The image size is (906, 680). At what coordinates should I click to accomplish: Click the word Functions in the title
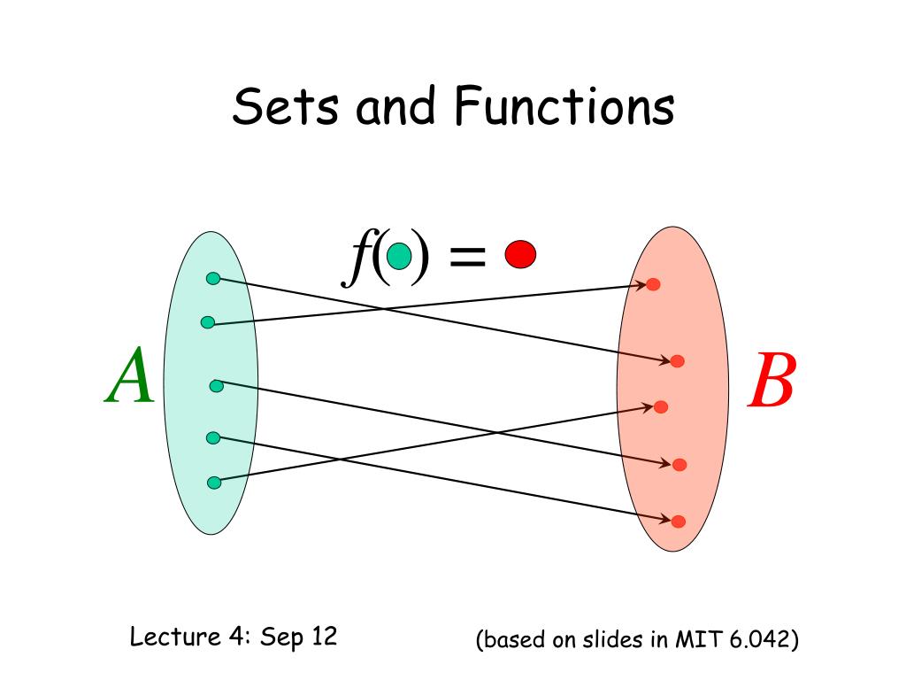564,107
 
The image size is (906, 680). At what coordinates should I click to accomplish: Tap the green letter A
131,376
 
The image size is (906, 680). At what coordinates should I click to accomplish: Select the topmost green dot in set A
212,278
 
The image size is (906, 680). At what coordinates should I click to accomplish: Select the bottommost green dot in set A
213,483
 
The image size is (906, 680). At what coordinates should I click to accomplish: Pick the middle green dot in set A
216,385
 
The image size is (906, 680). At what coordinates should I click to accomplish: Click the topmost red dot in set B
653,284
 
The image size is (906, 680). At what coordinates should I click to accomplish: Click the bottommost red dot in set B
678,522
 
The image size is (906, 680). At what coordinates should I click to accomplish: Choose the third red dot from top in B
660,406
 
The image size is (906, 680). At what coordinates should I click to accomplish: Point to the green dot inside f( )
400,257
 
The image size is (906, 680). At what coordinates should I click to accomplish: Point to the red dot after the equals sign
520,255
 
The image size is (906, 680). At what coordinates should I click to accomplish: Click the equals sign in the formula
467,257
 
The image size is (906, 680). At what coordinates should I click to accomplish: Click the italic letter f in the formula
357,257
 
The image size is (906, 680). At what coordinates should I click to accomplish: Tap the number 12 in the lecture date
323,637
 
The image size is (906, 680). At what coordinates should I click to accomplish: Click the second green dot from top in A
207,322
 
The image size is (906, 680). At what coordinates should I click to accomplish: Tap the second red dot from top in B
677,361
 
